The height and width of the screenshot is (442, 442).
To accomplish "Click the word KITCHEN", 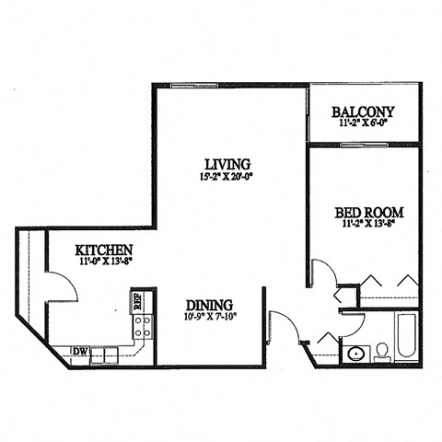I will click(x=104, y=250).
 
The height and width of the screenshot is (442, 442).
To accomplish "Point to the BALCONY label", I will click(x=363, y=113).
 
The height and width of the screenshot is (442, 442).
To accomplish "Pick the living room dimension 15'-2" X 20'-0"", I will click(x=226, y=177).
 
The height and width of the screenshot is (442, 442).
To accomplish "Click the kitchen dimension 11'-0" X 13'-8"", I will click(x=104, y=262).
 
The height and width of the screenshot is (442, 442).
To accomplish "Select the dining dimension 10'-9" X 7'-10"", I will click(x=209, y=320).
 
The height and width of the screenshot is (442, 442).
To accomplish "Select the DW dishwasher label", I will click(x=80, y=351).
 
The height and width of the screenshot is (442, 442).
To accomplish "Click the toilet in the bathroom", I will click(x=380, y=353).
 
